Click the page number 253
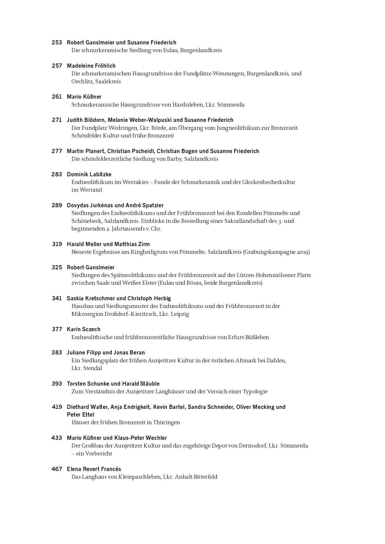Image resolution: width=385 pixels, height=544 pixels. (x=57, y=42)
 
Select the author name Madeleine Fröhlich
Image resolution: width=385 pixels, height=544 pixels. (x=91, y=66)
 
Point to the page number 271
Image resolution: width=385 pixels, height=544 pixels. (x=57, y=120)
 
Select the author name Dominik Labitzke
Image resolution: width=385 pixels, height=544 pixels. (x=89, y=174)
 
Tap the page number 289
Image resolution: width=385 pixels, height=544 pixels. (x=57, y=205)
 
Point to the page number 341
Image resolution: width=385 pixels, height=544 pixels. (x=57, y=298)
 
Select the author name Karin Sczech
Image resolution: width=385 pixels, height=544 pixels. (x=83, y=329)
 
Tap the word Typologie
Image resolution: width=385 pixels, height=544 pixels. (x=255, y=392)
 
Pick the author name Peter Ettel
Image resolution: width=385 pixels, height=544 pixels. (x=81, y=415)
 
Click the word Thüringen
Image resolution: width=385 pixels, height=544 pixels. (x=167, y=423)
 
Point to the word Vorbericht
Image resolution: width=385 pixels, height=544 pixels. (x=99, y=454)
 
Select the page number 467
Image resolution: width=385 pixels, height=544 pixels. (x=57, y=469)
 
